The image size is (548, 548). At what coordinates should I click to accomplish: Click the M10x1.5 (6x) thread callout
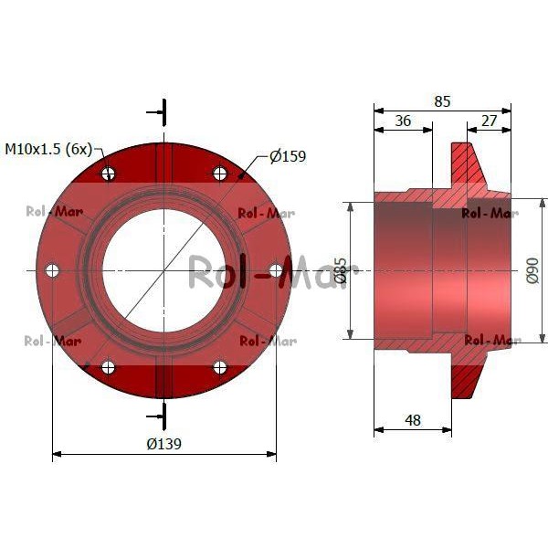point(48,149)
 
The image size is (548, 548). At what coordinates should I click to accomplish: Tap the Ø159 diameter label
point(288,156)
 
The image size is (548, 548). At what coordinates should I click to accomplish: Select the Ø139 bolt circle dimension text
point(163,444)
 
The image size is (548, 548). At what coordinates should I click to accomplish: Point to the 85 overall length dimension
point(442,101)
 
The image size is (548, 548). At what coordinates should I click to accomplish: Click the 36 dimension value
point(403,121)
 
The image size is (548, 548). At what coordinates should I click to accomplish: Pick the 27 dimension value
point(489,121)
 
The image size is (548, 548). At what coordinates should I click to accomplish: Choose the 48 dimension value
point(413,420)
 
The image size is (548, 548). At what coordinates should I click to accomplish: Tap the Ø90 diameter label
point(532,270)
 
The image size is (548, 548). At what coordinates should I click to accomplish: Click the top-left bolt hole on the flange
point(108,173)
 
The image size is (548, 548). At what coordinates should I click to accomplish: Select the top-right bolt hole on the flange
point(220,173)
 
